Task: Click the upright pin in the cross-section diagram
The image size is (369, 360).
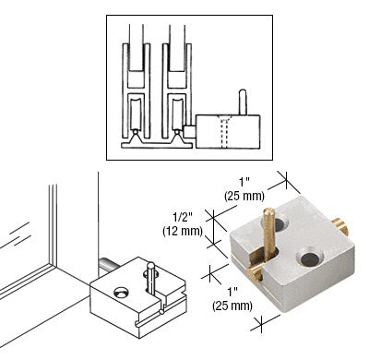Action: (242, 99)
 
